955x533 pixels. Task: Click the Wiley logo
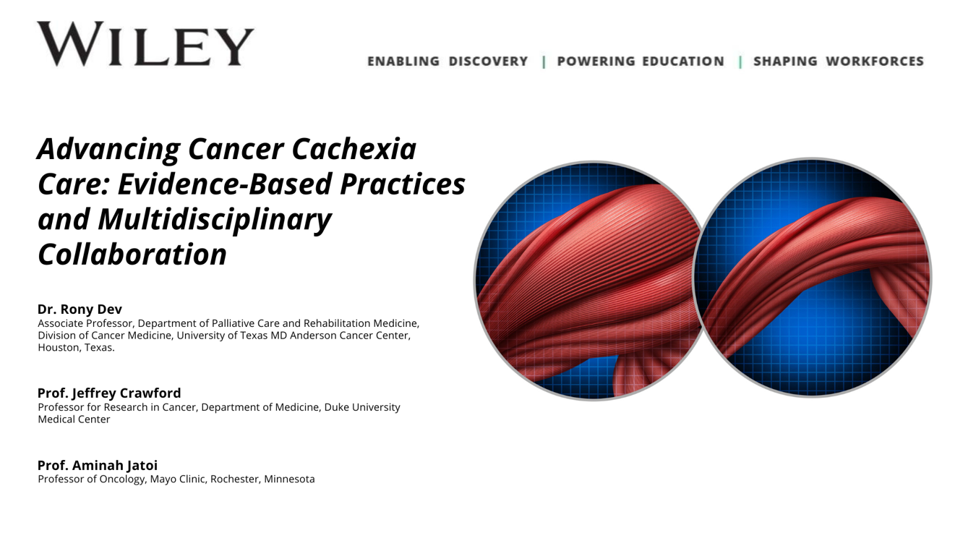click(x=145, y=44)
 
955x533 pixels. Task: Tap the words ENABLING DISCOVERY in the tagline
click(x=447, y=61)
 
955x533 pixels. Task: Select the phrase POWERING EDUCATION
click(x=641, y=61)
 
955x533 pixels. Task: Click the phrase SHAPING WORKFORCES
click(x=839, y=61)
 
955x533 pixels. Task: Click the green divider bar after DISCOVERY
click(x=544, y=61)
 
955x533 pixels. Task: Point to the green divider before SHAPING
click(x=740, y=61)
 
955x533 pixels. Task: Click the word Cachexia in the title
click(x=354, y=149)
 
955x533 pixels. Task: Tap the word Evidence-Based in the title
click(x=225, y=184)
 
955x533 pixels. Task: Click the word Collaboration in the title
click(x=132, y=255)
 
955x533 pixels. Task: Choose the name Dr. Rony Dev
click(x=80, y=309)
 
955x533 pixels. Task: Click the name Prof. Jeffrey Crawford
click(x=109, y=393)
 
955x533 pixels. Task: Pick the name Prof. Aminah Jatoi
click(x=98, y=465)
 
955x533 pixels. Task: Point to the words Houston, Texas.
click(x=77, y=348)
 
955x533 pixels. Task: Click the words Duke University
click(x=362, y=407)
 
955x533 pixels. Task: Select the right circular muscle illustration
click(x=812, y=278)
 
